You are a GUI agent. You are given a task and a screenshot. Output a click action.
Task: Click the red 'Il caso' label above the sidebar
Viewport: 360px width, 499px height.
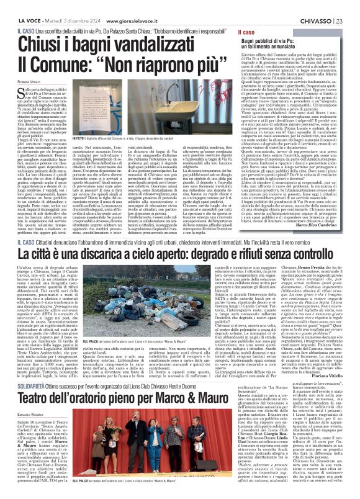pyautogui.click(x=251, y=29)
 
